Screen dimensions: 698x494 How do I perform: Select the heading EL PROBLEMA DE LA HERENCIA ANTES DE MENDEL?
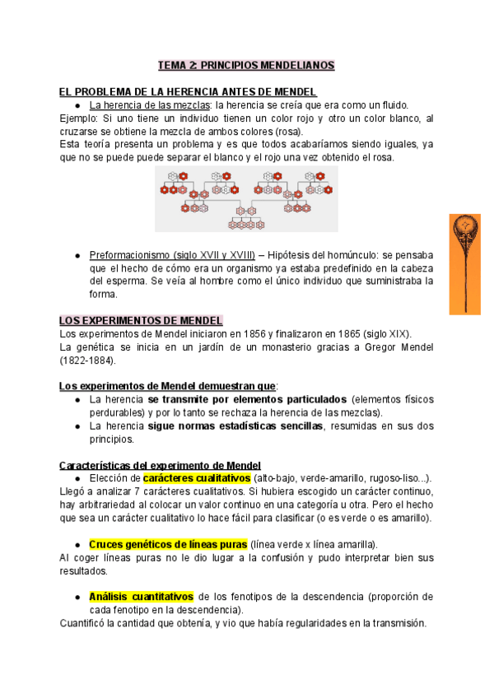(189, 91)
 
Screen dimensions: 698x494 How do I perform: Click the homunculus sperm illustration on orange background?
(464, 263)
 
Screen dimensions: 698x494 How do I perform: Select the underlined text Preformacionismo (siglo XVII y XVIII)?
(172, 255)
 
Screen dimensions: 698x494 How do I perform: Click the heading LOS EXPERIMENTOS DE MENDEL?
(141, 320)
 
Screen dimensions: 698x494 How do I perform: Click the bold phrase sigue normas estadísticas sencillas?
(237, 426)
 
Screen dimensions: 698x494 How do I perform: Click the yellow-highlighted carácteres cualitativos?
(196, 478)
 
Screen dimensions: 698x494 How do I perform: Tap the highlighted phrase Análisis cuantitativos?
(141, 597)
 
